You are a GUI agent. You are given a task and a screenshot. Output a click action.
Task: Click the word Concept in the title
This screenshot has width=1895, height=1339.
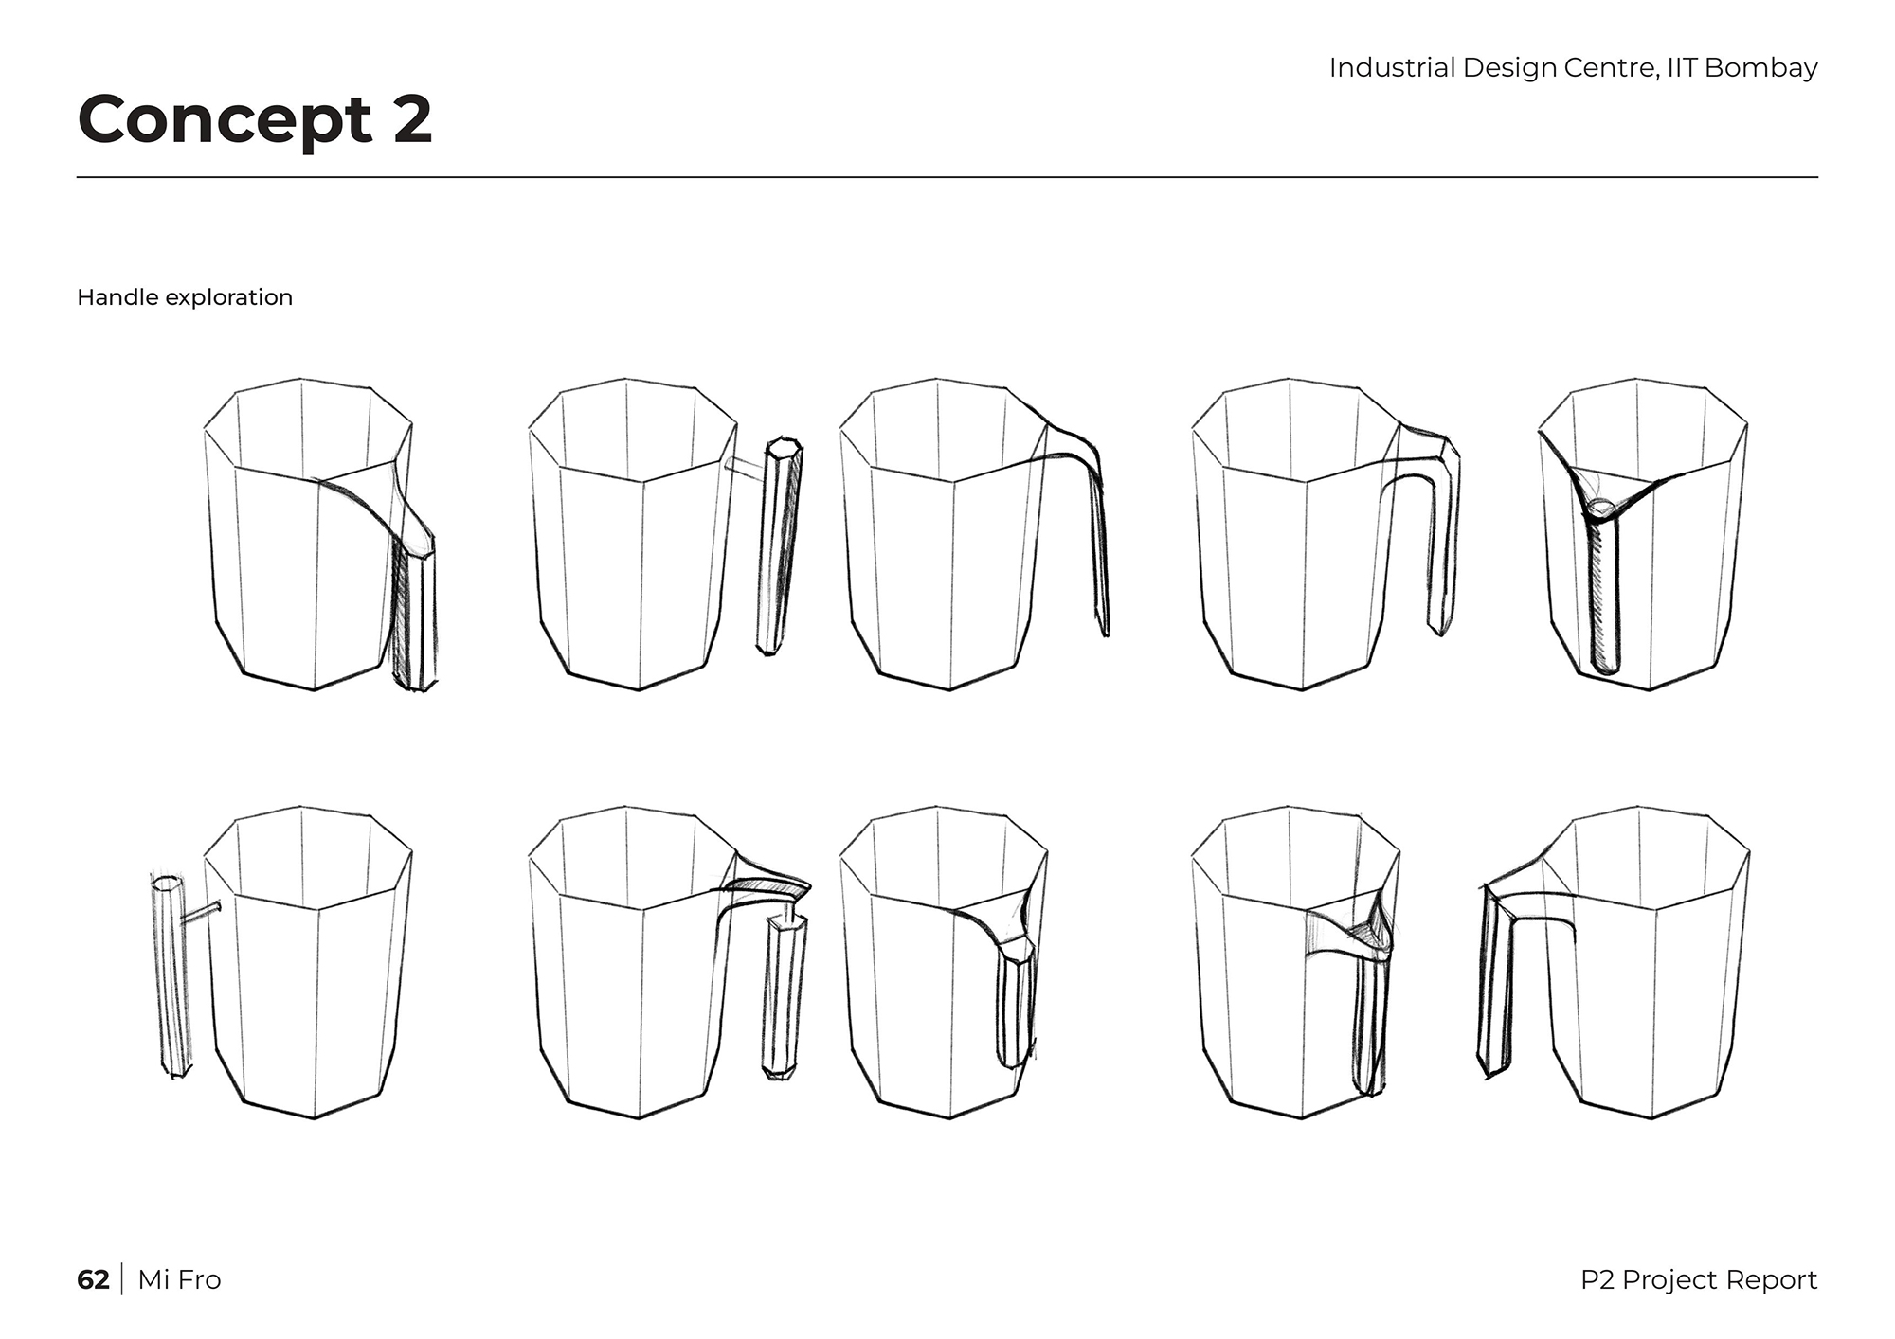226,119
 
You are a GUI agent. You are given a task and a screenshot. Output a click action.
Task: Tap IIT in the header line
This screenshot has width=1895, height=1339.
1682,67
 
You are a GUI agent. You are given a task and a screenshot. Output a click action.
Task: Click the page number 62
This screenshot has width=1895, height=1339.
93,1279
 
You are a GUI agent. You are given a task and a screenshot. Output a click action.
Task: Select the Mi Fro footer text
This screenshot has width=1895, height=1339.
179,1279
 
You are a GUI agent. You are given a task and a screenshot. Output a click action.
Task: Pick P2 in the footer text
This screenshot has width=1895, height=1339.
1597,1279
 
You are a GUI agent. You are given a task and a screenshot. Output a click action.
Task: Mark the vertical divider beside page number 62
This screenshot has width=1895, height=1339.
123,1279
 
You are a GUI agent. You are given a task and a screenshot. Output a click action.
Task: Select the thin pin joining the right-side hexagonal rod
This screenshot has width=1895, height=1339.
745,465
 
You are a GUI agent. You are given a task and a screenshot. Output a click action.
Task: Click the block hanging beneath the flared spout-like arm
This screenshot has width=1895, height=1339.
784,994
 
